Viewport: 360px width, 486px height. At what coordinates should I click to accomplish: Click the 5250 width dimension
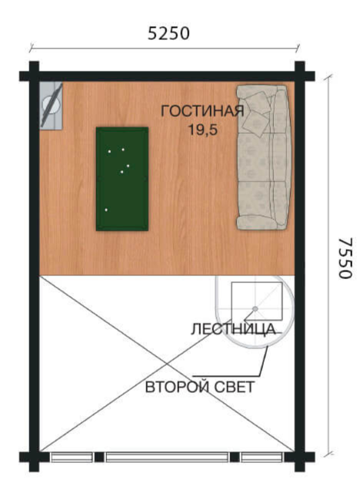pos(168,34)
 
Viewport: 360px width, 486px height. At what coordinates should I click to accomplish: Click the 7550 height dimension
pos(345,258)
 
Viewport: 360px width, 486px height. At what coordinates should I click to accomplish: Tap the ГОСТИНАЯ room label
pos(202,111)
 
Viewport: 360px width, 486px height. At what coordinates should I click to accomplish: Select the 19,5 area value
pos(203,129)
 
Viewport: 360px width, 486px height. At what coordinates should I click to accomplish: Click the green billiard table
pos(122,179)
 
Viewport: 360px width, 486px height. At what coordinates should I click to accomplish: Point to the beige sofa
pos(264,158)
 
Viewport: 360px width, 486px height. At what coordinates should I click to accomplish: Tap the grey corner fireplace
pos(52,105)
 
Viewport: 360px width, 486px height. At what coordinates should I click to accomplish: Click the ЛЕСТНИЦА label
pos(233,329)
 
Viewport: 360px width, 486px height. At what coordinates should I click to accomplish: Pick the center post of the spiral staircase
pos(255,309)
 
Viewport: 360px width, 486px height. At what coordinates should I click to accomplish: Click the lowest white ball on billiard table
pos(106,210)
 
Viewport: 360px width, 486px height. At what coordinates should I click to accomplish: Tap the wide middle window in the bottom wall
pos(167,457)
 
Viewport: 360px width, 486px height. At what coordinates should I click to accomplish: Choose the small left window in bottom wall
pos(72,457)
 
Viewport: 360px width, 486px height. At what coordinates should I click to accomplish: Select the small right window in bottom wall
pos(262,457)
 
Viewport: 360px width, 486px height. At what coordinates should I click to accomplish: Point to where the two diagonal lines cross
pos(167,364)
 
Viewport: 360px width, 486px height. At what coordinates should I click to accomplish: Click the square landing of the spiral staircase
pos(257,301)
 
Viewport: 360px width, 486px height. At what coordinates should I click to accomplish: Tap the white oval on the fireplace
pos(52,105)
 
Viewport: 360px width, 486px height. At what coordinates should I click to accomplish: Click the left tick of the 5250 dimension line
pos(31,48)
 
